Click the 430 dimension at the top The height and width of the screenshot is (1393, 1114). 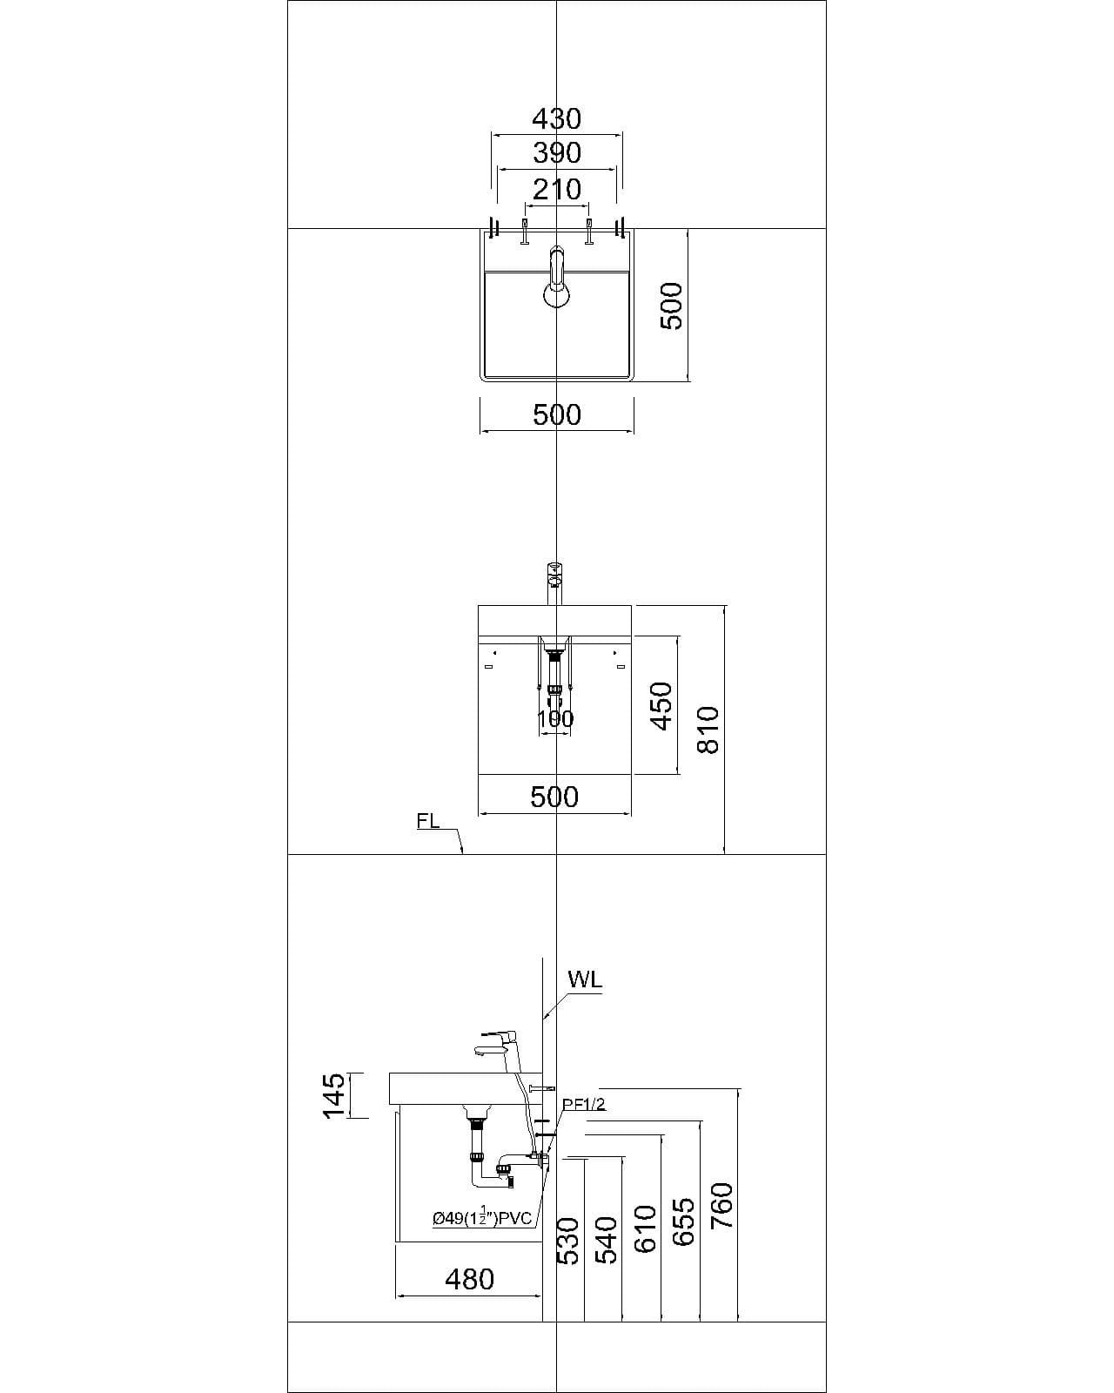point(556,118)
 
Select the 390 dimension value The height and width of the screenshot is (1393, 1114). point(556,153)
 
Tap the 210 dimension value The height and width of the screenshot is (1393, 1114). point(556,189)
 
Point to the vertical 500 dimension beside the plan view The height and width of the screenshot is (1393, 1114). point(671,306)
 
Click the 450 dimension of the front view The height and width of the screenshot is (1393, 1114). point(661,706)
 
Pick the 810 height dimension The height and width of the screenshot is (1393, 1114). point(709,730)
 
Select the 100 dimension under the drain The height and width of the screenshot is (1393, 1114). point(555,719)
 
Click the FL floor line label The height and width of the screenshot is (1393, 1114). point(428,821)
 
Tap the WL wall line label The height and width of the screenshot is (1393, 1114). point(585,979)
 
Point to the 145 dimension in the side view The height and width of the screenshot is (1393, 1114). point(334,1096)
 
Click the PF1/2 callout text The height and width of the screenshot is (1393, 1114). point(583,1105)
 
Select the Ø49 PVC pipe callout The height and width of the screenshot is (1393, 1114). point(482,1217)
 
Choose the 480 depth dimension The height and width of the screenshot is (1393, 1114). point(469,1279)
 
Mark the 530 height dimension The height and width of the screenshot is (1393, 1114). point(567,1241)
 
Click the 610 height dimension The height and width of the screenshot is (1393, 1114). point(645,1229)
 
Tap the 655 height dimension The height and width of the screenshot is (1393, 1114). point(684,1222)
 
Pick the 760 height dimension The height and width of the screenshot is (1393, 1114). point(722,1206)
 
